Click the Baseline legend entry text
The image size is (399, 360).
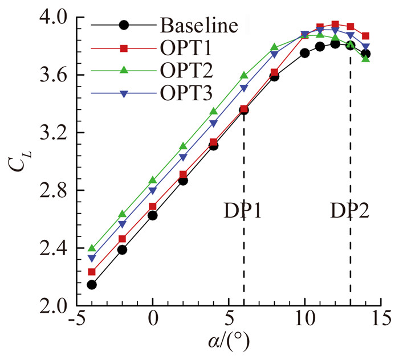point(198,26)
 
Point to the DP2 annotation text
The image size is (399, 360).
point(349,211)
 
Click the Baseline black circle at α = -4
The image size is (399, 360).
point(92,284)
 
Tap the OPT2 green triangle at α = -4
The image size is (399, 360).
point(92,248)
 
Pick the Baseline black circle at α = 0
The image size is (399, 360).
point(153,215)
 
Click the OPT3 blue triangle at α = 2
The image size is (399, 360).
point(183,157)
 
